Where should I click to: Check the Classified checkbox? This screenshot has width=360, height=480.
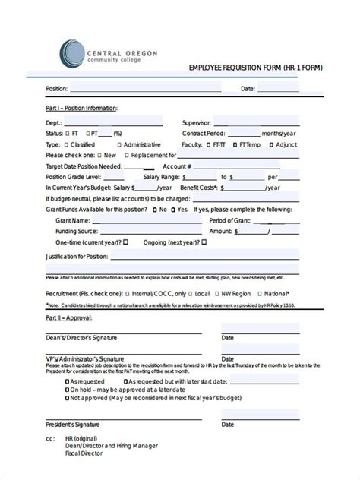click(68, 144)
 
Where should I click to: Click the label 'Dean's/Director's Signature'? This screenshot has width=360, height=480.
click(84, 337)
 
